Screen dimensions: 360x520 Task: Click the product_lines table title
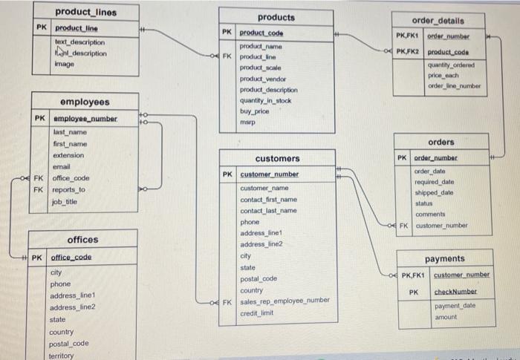click(x=85, y=12)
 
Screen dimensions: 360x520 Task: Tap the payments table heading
click(x=444, y=258)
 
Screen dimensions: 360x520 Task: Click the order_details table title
click(x=438, y=20)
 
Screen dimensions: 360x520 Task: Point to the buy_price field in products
click(x=254, y=110)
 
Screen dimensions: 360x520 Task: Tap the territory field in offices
click(x=62, y=356)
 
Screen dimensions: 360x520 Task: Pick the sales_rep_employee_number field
click(x=285, y=301)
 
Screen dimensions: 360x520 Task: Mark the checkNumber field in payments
click(x=455, y=292)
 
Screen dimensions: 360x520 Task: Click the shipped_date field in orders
click(x=434, y=192)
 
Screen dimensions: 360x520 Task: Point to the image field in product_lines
click(x=65, y=64)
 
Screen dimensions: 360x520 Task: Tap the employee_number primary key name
click(x=85, y=119)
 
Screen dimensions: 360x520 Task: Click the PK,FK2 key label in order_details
click(x=409, y=51)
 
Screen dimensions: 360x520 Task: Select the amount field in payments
click(x=446, y=317)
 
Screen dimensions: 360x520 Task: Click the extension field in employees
click(x=68, y=155)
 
